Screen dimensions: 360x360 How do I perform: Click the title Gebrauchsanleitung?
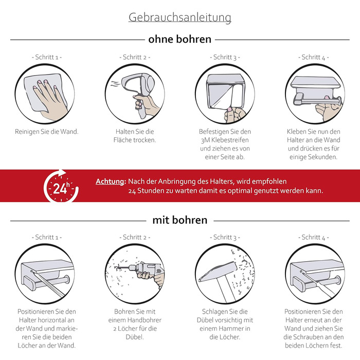click(x=180, y=17)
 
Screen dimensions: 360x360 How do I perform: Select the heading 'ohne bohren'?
click(x=180, y=39)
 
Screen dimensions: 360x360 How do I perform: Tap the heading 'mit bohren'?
click(x=180, y=220)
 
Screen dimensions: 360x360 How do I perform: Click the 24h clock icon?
click(x=61, y=186)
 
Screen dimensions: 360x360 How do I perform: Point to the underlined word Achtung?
click(x=111, y=182)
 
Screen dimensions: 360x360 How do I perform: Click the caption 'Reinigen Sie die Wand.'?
click(x=47, y=132)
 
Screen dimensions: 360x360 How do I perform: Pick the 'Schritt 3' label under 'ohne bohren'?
click(x=225, y=57)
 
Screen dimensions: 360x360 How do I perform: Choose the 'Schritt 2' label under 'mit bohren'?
click(x=135, y=237)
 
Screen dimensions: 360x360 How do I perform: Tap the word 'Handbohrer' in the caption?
click(x=145, y=320)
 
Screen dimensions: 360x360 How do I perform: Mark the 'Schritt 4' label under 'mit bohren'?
click(x=314, y=237)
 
